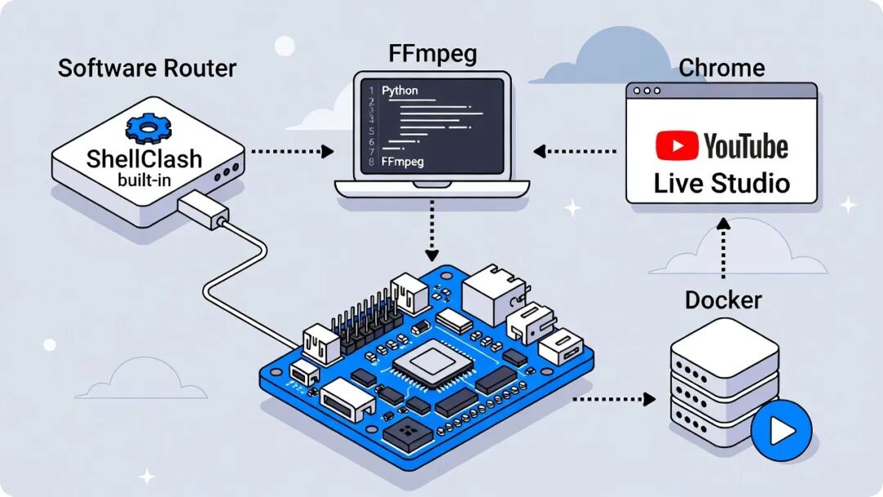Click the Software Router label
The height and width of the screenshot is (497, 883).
click(147, 67)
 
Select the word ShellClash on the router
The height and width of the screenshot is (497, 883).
click(144, 158)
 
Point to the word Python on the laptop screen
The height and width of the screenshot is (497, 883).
click(400, 90)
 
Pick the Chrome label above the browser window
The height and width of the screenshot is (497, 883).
click(722, 67)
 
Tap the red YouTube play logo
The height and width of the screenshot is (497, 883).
click(676, 146)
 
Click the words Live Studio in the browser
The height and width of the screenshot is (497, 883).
click(721, 181)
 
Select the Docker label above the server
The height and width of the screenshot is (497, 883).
click(723, 300)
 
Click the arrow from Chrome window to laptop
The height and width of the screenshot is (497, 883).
click(576, 151)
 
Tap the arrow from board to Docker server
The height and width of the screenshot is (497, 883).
click(614, 399)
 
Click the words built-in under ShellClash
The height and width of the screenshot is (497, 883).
click(144, 179)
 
